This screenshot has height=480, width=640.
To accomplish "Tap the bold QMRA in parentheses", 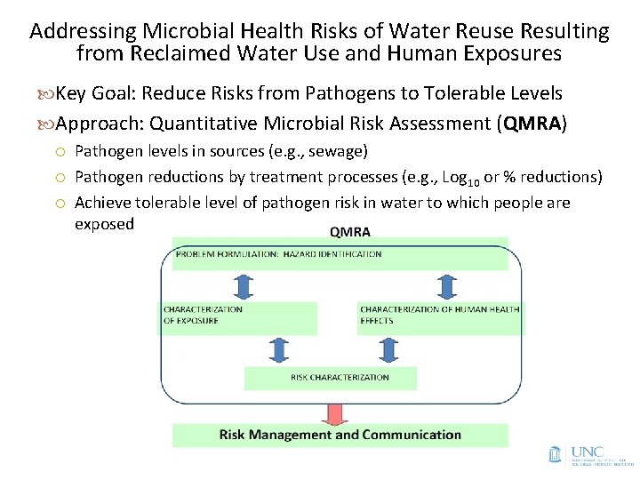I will [532, 123].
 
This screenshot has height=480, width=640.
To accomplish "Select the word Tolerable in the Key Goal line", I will [468, 93].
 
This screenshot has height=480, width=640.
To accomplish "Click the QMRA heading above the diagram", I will [350, 233].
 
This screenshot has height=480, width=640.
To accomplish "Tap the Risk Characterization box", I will [331, 378].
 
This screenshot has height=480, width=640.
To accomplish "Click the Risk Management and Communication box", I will [340, 435].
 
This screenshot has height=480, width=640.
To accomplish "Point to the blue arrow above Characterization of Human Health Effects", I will [444, 286].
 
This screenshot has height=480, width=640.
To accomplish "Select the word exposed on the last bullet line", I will [104, 224].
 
